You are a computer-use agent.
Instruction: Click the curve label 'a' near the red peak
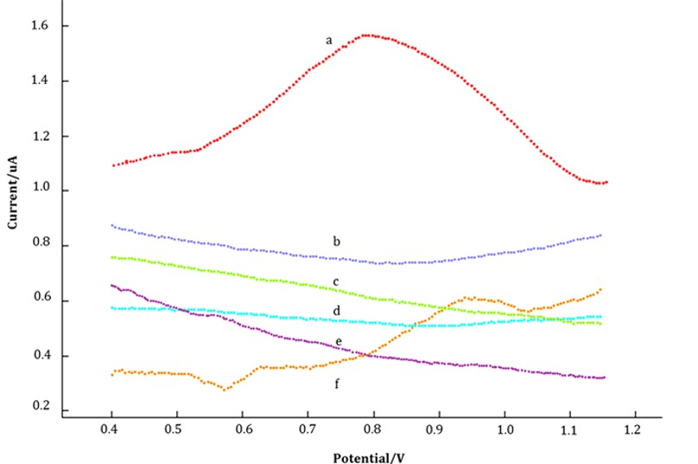[329, 40]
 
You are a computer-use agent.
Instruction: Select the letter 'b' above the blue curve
[336, 240]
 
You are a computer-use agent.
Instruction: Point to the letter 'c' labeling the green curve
[335, 282]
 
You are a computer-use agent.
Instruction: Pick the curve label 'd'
[335, 311]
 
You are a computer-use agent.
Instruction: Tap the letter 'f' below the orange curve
[338, 383]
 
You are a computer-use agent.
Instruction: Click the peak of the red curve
[368, 35]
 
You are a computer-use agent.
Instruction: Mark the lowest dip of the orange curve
[225, 389]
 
